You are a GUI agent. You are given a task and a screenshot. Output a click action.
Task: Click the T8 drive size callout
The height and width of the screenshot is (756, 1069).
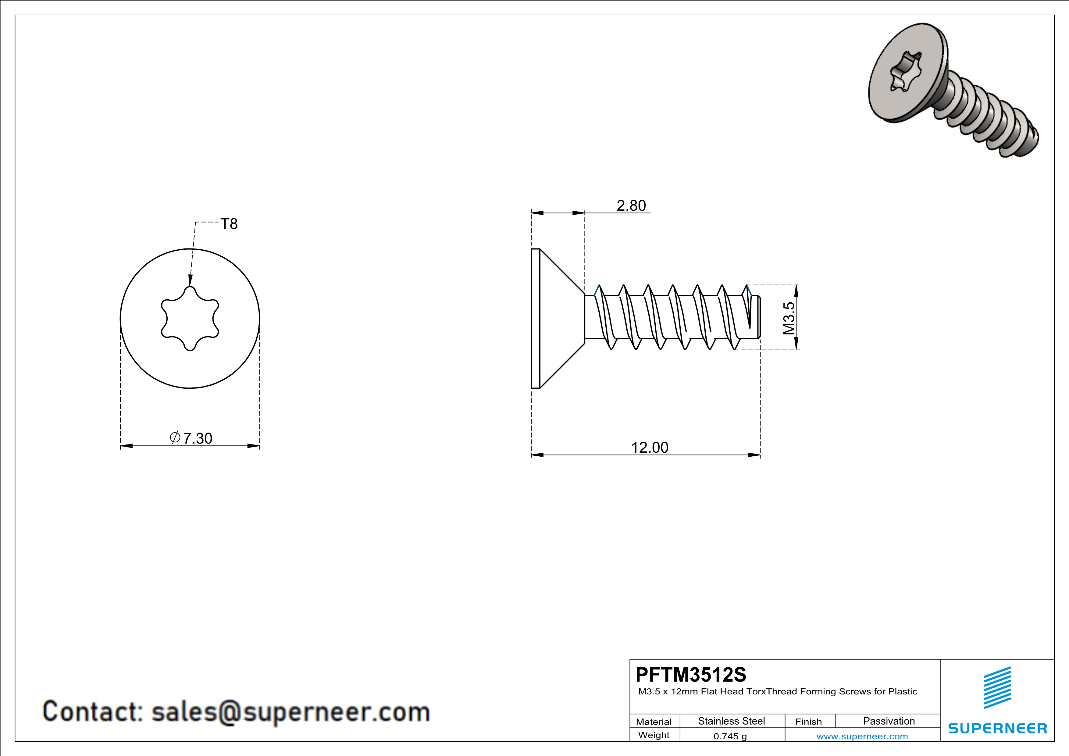click(x=229, y=224)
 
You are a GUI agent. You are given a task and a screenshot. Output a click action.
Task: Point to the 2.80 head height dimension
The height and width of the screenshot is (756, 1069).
click(x=631, y=205)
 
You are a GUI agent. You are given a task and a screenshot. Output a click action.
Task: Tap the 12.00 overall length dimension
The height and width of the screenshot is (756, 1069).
click(x=650, y=448)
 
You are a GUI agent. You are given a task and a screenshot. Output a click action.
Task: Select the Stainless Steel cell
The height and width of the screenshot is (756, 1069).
click(x=732, y=721)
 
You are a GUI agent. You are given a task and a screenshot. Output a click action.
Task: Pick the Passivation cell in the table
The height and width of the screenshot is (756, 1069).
click(x=889, y=721)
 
